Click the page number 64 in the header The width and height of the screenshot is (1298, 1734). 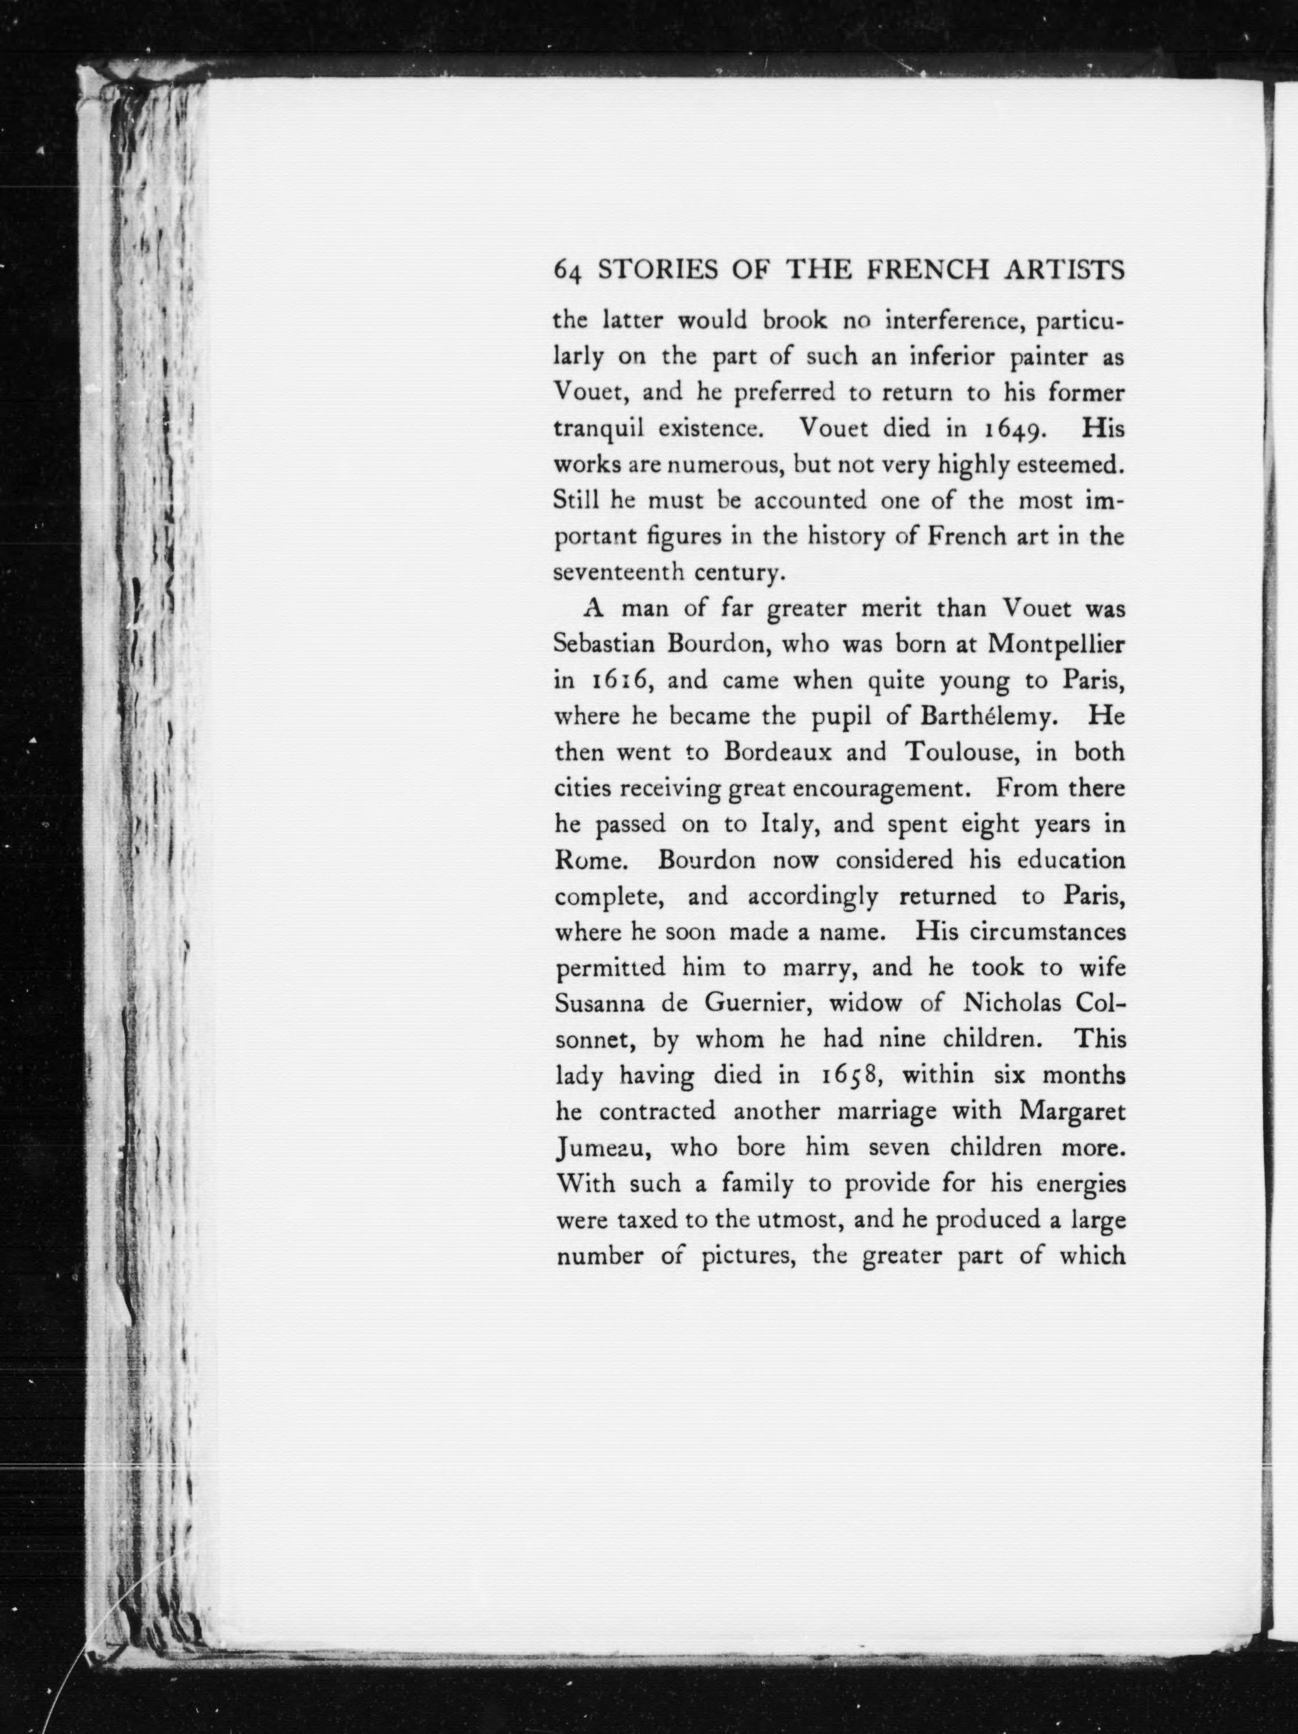point(568,271)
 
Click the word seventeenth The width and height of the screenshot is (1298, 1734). point(618,572)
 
